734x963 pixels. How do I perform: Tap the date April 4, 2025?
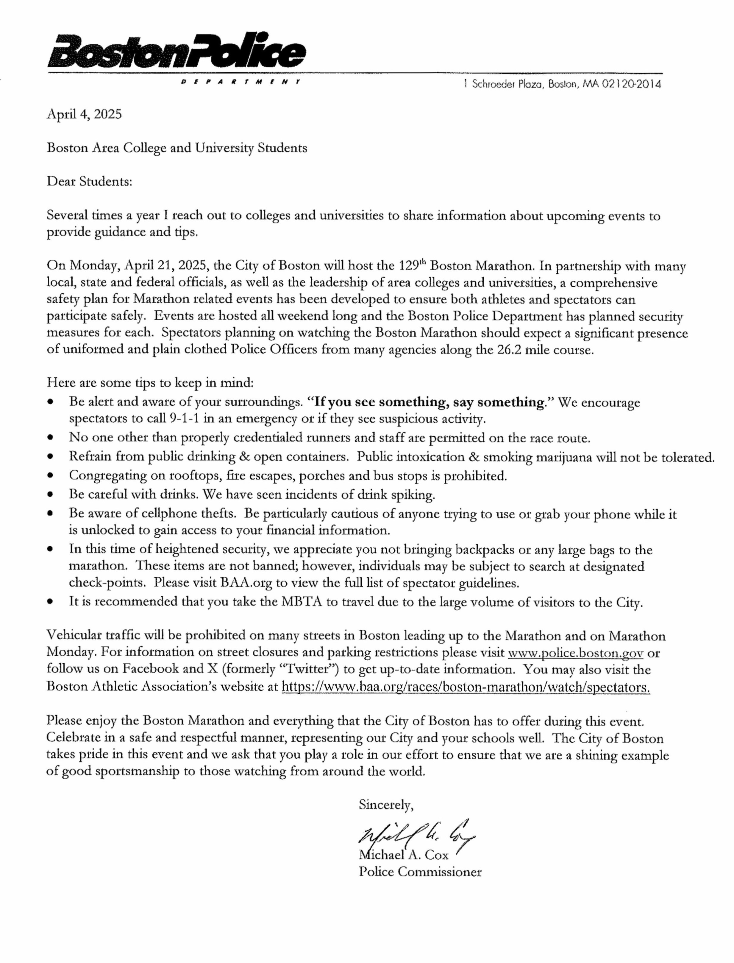pyautogui.click(x=84, y=114)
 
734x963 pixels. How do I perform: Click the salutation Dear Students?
pyautogui.click(x=90, y=181)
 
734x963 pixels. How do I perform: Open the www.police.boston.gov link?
pyautogui.click(x=575, y=653)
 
